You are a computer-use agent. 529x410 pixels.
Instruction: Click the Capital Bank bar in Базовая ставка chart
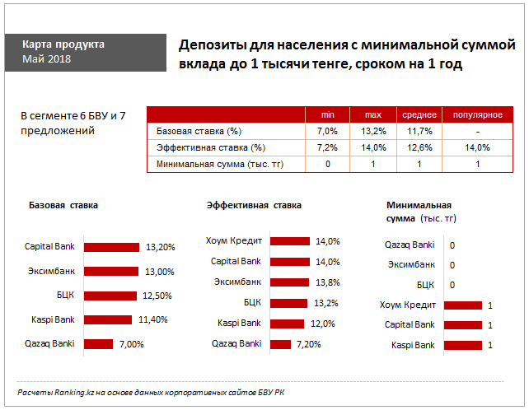pyautogui.click(x=112, y=246)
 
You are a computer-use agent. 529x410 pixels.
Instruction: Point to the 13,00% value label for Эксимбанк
pyautogui.click(x=160, y=271)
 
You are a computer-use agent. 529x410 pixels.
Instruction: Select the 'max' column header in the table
pyautogui.click(x=373, y=114)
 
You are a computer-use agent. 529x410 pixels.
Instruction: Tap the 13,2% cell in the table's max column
pyautogui.click(x=373, y=131)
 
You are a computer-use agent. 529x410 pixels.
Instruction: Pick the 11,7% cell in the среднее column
pyautogui.click(x=419, y=131)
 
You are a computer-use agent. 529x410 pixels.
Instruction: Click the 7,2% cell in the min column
pyautogui.click(x=327, y=148)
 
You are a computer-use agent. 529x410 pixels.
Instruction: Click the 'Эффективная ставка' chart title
pyautogui.click(x=254, y=205)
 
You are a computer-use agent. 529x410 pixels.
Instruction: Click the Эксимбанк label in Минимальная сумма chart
pyautogui.click(x=410, y=265)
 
